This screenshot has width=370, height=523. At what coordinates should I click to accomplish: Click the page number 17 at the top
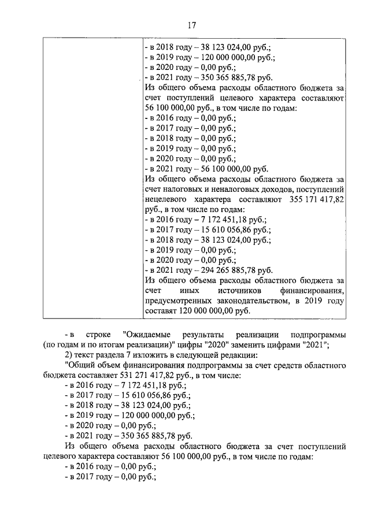[191, 25]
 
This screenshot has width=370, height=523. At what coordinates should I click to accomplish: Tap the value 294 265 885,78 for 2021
[223, 270]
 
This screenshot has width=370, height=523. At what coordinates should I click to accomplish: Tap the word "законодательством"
[251, 301]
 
